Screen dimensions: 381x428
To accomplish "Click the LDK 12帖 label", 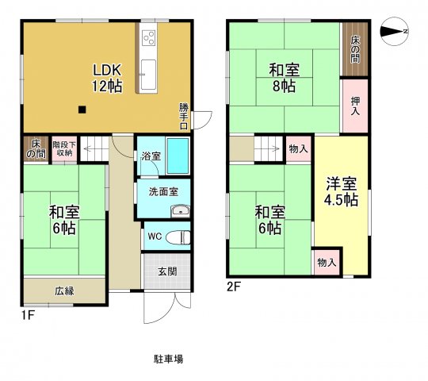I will point(107,77).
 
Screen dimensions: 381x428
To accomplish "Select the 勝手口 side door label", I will point(184,115).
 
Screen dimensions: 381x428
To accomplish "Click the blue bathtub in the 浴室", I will point(177,156).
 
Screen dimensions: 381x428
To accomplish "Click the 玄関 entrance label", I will point(167,272).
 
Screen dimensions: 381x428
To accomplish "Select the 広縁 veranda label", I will point(64,291).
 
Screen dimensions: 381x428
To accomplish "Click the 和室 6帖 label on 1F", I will point(63,220).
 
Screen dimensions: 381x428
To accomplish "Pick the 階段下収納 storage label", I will point(64,148).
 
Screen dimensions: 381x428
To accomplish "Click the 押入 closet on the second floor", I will point(355,106).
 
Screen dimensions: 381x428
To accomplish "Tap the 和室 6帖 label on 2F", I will point(269,220).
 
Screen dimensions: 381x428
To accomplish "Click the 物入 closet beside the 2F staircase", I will point(299,148).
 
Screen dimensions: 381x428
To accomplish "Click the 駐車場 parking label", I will point(168,359).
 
